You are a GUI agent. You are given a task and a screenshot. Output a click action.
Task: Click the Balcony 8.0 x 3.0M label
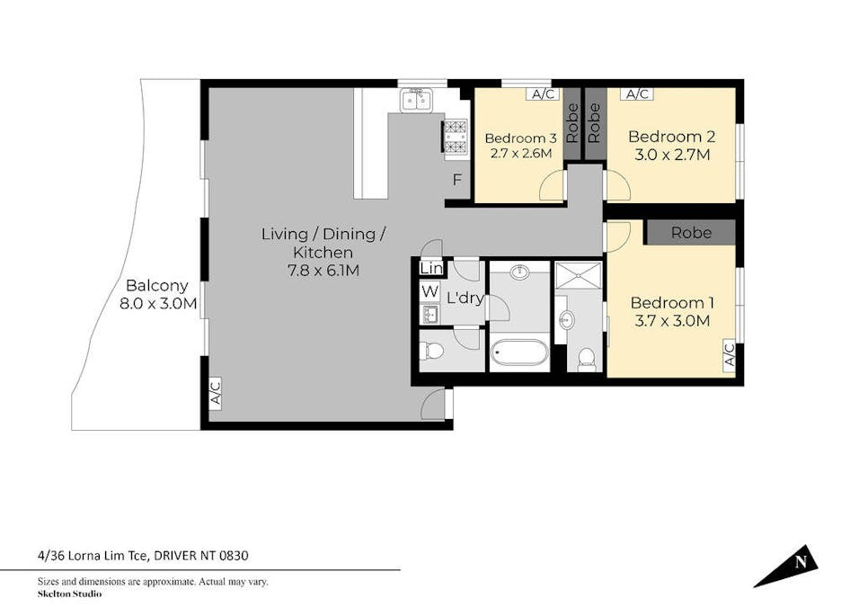pos(157,294)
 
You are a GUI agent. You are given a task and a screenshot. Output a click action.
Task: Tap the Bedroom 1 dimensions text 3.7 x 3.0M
pos(670,321)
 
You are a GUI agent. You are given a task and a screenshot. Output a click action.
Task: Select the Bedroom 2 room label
pos(671,137)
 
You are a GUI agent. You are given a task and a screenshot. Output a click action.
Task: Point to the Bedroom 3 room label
pos(520,138)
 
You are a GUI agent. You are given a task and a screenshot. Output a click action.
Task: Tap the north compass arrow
pos(789,566)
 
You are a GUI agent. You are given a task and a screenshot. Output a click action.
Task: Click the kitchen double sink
pos(416,99)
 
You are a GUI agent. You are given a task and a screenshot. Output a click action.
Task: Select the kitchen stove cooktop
pos(456,138)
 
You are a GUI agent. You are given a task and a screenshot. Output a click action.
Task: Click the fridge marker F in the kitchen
pos(456,180)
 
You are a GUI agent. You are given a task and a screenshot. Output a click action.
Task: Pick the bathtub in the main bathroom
pos(518,352)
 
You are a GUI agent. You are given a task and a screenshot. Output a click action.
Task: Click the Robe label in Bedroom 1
pos(690,233)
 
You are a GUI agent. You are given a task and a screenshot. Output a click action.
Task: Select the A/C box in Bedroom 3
pos(542,94)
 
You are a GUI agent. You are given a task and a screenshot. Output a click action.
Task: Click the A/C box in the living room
pos(215,393)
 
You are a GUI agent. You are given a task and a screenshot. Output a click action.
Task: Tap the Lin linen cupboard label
pos(430,268)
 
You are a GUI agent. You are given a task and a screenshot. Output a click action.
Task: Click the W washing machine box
pos(429,291)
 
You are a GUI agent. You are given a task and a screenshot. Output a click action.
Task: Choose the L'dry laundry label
pos(465,298)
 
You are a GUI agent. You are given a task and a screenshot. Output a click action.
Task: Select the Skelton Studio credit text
pos(69,594)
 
